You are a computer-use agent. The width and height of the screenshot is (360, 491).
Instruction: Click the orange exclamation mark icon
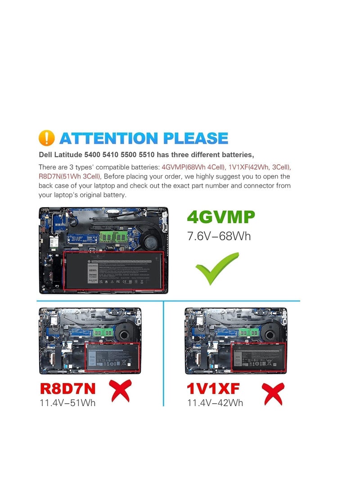(x=47, y=138)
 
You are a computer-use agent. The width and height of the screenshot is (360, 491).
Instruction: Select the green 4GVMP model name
(x=220, y=217)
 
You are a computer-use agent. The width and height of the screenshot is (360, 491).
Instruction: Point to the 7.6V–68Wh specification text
(x=219, y=236)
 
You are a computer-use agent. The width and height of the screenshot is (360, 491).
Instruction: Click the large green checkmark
(x=216, y=268)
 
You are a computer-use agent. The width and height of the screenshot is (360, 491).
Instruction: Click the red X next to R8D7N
(x=120, y=390)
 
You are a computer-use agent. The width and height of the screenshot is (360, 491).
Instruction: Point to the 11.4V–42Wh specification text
(x=215, y=402)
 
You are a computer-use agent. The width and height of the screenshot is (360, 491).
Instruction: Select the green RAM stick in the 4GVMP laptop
(x=111, y=235)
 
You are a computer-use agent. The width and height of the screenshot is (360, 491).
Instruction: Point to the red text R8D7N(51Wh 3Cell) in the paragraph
(x=70, y=176)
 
